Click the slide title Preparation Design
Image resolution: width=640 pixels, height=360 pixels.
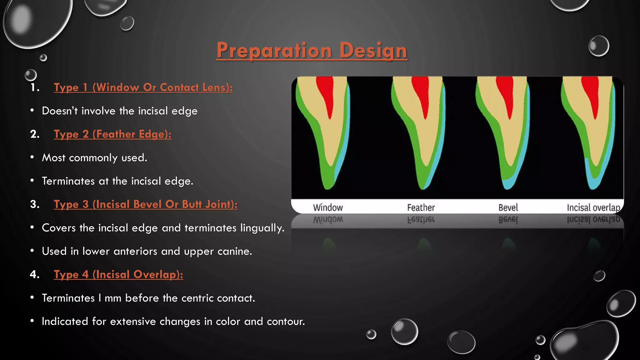tap(312, 50)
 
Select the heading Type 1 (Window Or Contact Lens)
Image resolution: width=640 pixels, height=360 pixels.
tap(143, 87)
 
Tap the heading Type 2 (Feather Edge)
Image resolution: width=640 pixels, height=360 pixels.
tap(112, 134)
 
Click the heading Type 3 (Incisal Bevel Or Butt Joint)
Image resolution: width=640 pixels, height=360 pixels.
tap(146, 204)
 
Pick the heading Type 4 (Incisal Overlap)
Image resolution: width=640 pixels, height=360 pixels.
tap(118, 275)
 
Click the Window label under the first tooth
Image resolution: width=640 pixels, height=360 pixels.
tap(328, 207)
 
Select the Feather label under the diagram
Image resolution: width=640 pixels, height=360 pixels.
tap(421, 207)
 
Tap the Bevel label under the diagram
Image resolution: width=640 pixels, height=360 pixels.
tap(508, 207)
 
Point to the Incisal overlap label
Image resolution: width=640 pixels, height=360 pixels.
tap(593, 207)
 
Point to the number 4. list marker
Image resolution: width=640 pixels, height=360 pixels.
tap(34, 275)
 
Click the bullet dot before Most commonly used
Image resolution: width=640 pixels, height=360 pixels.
tap(32, 157)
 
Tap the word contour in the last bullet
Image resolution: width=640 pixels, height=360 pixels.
tap(286, 322)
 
